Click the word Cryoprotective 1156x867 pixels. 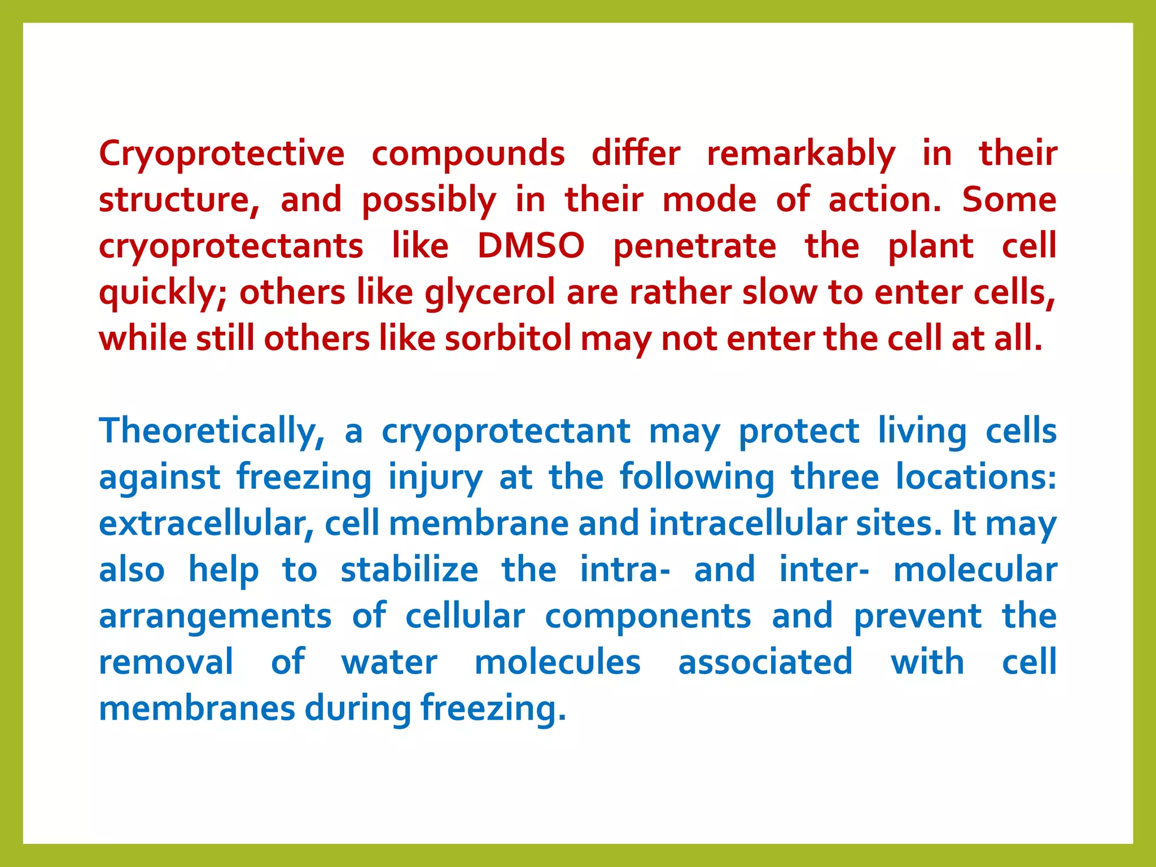click(221, 154)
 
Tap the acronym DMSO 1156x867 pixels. click(531, 246)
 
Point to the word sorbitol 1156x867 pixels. click(508, 339)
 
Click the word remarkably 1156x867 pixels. click(801, 154)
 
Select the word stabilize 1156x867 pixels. click(409, 570)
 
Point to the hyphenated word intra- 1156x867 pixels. click(625, 570)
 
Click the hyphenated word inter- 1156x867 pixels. click(824, 570)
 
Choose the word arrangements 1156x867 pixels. click(215, 617)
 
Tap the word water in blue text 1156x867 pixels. click(389, 663)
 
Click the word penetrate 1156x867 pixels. click(694, 246)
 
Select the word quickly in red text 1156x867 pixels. click(162, 293)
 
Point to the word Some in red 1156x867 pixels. click(1009, 200)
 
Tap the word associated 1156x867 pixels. click(765, 663)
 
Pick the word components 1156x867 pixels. click(647, 617)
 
